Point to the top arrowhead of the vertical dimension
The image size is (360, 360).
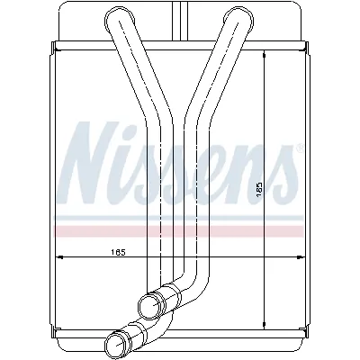[264, 53]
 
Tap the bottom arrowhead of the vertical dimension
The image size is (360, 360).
[264, 325]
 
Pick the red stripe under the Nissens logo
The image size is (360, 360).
[180, 230]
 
